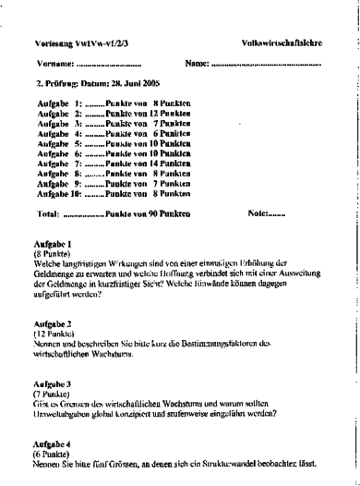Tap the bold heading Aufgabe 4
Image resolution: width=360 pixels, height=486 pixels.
[52, 445]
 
